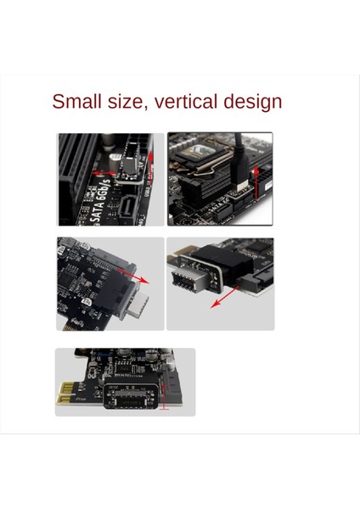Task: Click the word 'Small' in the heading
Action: [76, 102]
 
